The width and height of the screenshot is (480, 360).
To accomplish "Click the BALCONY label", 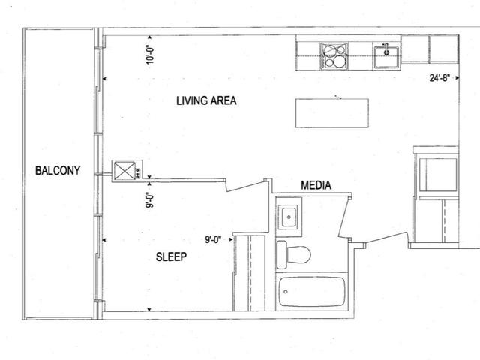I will [x=58, y=170].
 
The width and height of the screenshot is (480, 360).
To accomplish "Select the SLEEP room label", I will [x=171, y=256].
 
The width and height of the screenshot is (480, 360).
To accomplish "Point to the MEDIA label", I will [x=316, y=185].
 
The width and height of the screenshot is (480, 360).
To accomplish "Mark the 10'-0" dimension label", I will [x=150, y=55].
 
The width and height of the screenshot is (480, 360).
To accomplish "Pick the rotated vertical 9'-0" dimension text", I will [x=149, y=199].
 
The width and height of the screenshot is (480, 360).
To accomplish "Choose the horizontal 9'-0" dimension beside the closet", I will [x=216, y=241].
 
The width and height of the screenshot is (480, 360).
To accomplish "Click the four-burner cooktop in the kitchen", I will [x=334, y=55].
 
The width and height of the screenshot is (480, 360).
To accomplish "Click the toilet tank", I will [x=281, y=253].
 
